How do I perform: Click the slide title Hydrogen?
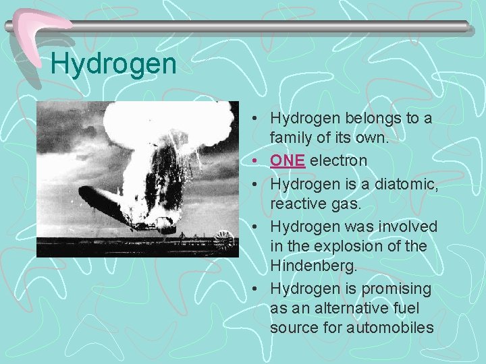click(x=113, y=65)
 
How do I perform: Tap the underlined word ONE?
click(x=288, y=161)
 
